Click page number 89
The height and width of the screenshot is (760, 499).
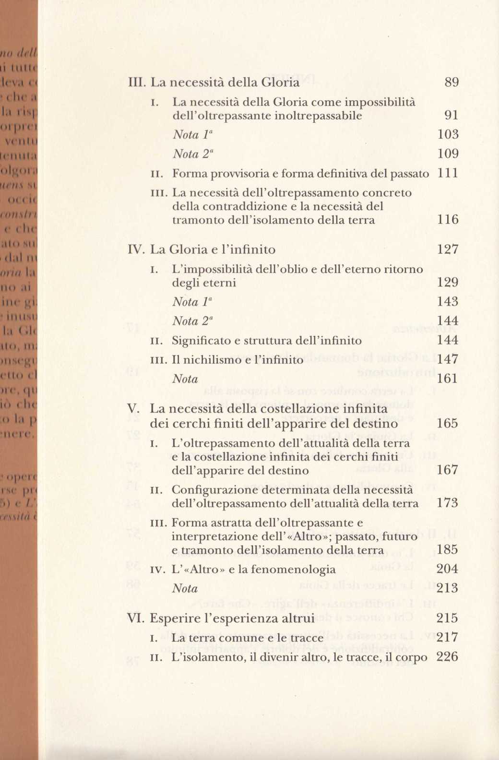click(451, 83)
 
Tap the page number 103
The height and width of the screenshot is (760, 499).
click(448, 134)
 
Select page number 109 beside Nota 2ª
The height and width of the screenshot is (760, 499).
click(448, 154)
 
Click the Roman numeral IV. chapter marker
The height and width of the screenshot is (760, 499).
click(136, 249)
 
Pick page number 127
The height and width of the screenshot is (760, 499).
click(448, 249)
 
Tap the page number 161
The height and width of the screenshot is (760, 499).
click(448, 379)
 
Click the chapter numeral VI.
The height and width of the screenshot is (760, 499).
click(135, 618)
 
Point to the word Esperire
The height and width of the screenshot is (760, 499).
click(172, 618)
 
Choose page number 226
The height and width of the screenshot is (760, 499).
click(447, 657)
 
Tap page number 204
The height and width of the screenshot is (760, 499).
click(447, 570)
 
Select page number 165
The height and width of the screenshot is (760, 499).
click(447, 424)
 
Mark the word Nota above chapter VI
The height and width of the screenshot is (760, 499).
click(185, 589)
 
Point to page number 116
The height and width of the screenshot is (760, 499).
click(448, 220)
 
